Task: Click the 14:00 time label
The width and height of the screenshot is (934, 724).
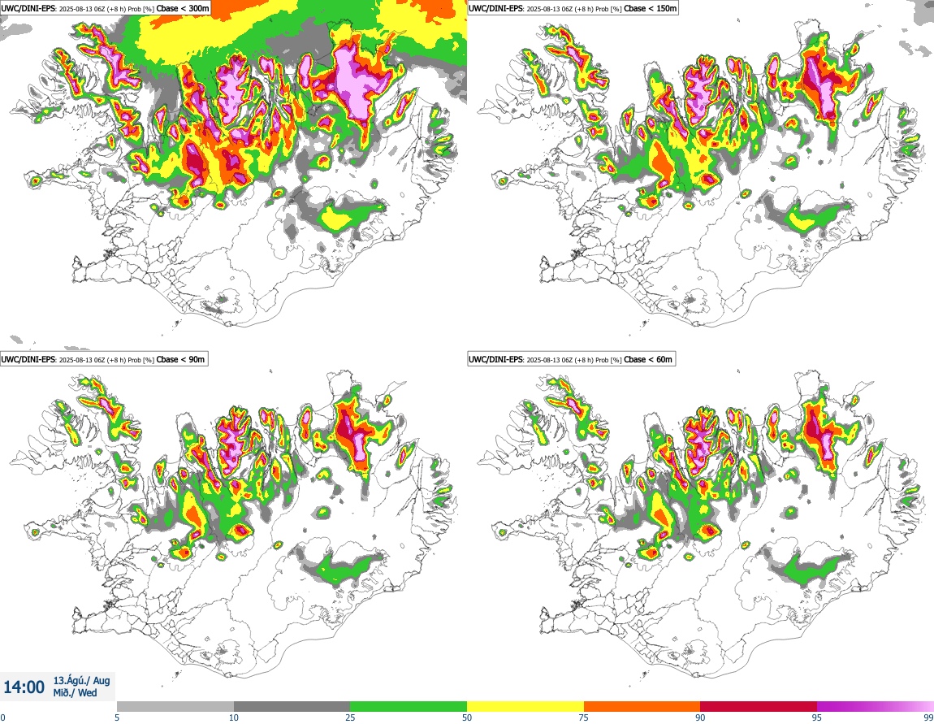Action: pyautogui.click(x=24, y=687)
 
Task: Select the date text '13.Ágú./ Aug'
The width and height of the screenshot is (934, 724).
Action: pyautogui.click(x=81, y=680)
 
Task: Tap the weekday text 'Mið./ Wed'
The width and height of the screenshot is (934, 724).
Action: pyautogui.click(x=75, y=693)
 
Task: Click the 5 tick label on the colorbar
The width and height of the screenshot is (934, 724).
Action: pyautogui.click(x=117, y=717)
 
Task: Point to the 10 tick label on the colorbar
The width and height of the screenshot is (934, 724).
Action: pyautogui.click(x=234, y=717)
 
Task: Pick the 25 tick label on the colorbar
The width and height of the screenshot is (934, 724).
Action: pyautogui.click(x=350, y=717)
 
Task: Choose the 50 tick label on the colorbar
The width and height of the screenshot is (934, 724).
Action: pyautogui.click(x=467, y=717)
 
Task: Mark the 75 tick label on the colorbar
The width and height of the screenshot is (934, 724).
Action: pyautogui.click(x=584, y=717)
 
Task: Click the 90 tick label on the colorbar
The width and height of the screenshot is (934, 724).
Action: pyautogui.click(x=700, y=717)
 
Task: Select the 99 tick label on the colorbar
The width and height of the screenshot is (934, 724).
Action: pyautogui.click(x=928, y=717)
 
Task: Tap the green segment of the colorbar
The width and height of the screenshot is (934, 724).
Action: pyautogui.click(x=409, y=706)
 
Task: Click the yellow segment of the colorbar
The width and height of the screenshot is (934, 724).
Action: pyautogui.click(x=525, y=706)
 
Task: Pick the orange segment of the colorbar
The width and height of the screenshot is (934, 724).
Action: pyautogui.click(x=642, y=706)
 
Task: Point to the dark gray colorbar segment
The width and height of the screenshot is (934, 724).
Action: pyautogui.click(x=292, y=706)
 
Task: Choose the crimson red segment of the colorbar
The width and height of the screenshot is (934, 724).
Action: pyautogui.click(x=759, y=706)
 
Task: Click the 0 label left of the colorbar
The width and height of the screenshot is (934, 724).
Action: pyautogui.click(x=2, y=717)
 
